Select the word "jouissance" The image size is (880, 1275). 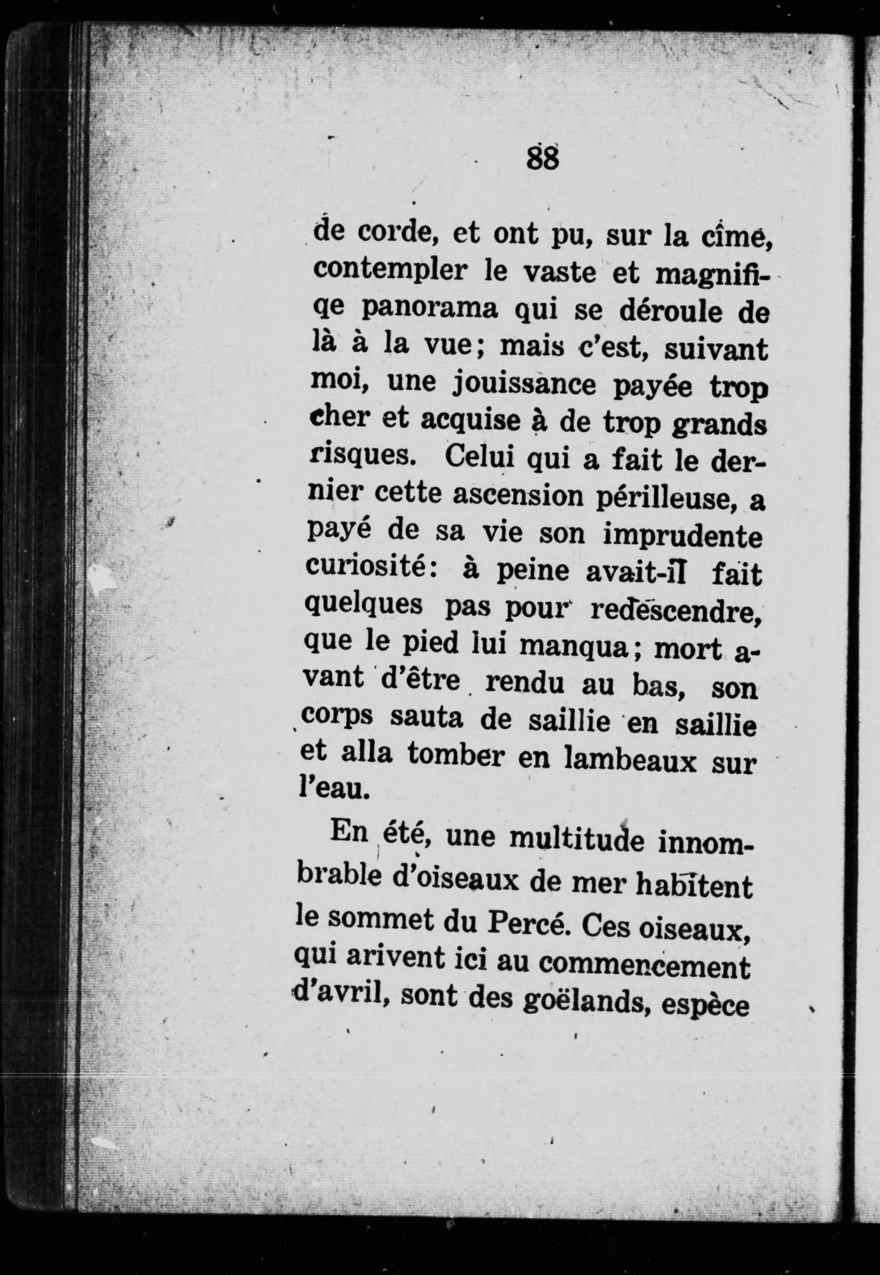[x=524, y=384]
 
